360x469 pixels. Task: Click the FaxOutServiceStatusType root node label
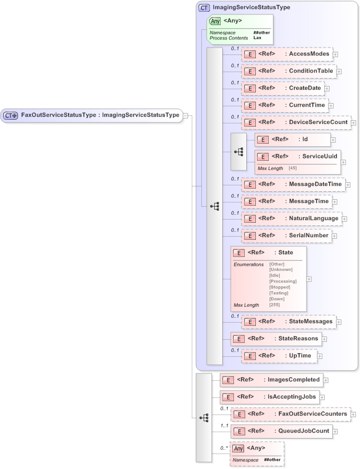[100, 115]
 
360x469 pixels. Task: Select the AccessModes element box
[287, 54]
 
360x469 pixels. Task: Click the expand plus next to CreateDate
[327, 89]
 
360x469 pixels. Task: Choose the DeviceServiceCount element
[295, 122]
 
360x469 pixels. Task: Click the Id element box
[292, 139]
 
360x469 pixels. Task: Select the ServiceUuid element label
[319, 157]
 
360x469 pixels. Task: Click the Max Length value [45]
[293, 168]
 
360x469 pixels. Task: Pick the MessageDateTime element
[292, 184]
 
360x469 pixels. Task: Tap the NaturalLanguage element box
[291, 218]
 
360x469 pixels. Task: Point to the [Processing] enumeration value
[283, 281]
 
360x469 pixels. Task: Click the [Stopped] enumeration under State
[280, 287]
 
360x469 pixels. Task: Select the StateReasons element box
[275, 339]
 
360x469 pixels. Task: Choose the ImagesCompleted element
[272, 380]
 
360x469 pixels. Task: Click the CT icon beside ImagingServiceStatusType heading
[204, 8]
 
